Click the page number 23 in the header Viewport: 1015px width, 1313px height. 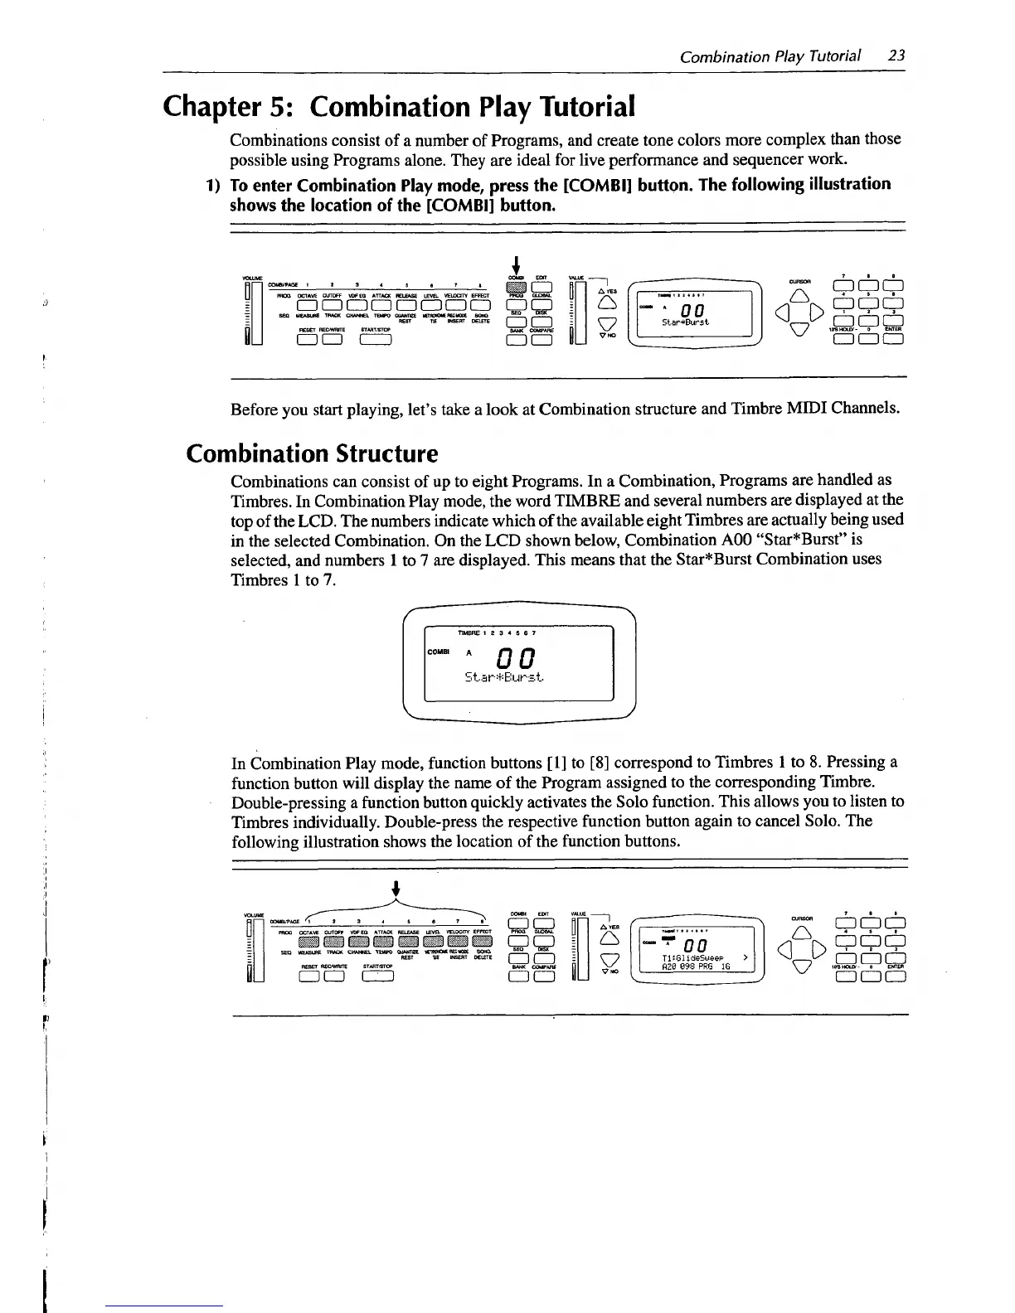[x=896, y=56]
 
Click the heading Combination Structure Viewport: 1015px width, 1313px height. [x=311, y=453]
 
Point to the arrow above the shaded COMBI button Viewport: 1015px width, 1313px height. [x=516, y=264]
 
